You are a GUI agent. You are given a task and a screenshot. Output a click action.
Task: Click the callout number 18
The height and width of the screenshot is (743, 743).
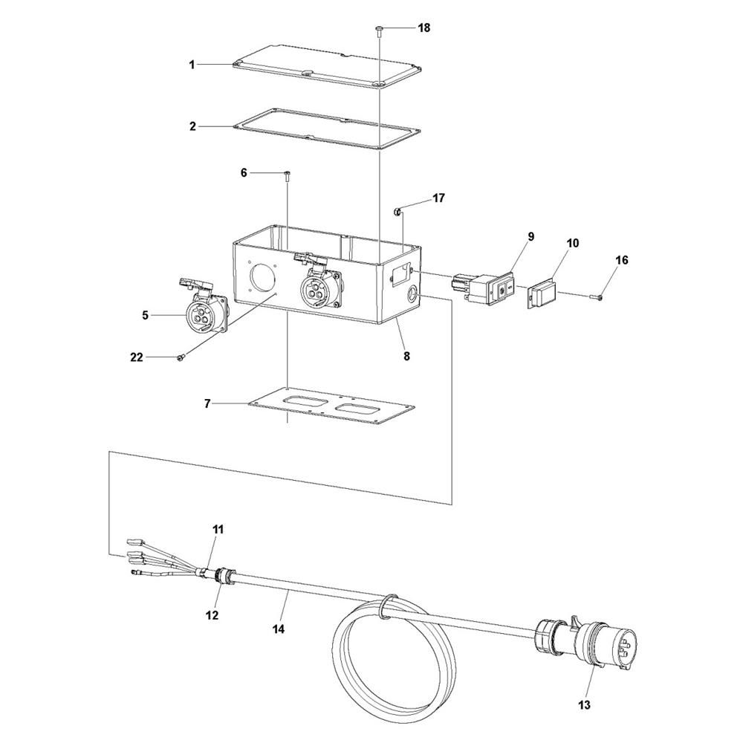424,28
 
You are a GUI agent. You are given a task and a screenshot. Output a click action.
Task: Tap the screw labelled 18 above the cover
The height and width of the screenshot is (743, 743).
380,30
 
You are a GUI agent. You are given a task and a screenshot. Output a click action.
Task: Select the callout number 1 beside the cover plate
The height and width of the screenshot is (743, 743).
192,65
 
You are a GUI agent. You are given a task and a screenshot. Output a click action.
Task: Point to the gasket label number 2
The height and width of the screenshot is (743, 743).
192,127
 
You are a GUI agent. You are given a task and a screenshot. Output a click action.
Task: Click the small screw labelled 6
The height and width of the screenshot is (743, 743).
288,176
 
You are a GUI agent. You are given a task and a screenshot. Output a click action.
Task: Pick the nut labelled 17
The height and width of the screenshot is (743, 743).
398,211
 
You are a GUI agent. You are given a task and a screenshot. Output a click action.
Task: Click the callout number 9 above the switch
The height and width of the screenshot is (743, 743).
531,236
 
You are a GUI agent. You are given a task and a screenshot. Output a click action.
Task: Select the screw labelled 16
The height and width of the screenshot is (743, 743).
597,296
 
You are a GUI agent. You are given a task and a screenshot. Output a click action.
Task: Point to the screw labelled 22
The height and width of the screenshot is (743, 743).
181,359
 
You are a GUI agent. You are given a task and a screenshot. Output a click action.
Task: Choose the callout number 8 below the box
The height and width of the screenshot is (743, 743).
406,356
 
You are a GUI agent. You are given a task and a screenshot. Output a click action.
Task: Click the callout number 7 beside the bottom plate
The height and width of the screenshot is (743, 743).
207,403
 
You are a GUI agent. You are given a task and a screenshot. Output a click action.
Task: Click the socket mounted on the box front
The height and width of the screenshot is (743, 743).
319,285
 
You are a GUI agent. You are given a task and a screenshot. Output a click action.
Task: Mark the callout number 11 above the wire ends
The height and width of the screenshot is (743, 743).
218,529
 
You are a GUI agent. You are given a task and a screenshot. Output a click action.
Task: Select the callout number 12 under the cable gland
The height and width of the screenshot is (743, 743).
212,615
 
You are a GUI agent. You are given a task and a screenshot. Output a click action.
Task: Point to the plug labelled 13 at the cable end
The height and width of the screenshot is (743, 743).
588,643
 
